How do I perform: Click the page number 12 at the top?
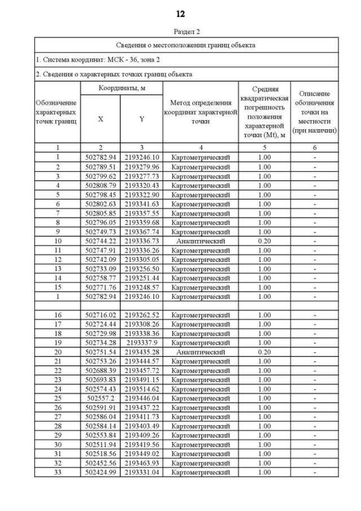pos(180,14)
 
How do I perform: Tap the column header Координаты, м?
pos(121,88)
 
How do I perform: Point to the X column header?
pos(100,119)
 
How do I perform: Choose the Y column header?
pos(142,119)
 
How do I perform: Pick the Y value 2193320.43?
pos(142,185)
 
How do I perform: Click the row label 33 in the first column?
pos(58,472)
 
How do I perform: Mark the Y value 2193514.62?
pos(142,389)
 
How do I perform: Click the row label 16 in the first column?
pos(58,315)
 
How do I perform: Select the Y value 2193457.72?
pos(142,370)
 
